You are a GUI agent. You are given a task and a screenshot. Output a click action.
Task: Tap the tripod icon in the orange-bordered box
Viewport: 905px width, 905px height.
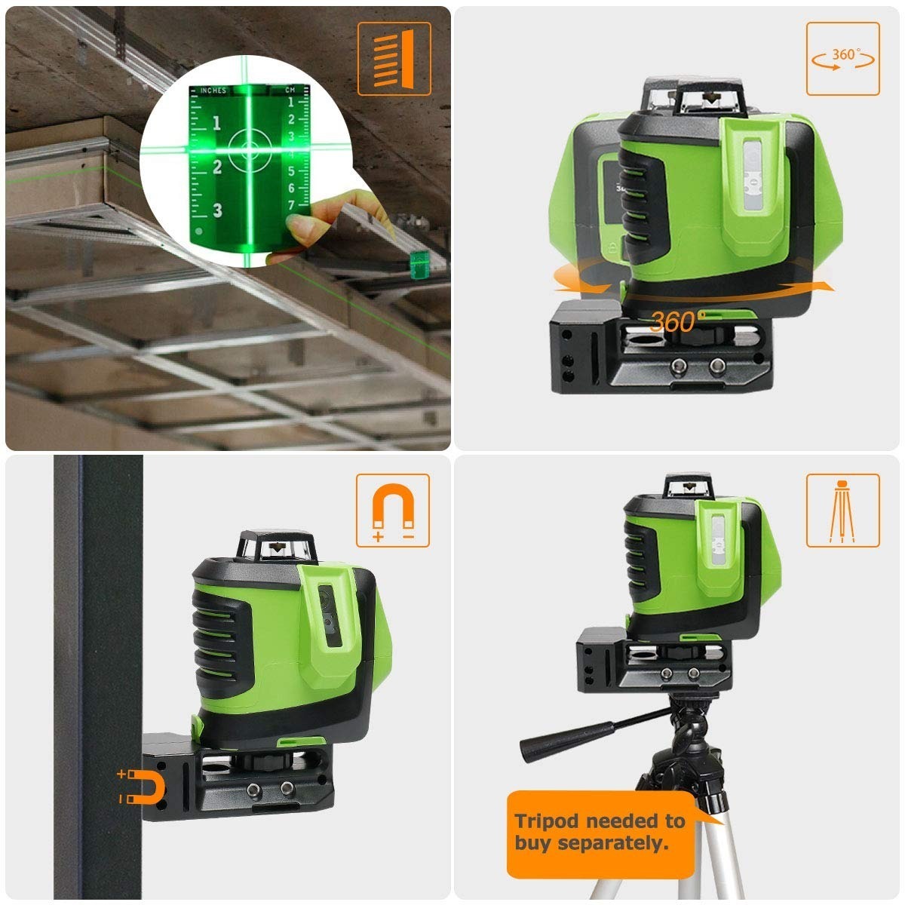[842, 511]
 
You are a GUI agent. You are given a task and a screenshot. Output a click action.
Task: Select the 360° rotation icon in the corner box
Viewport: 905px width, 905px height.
[843, 59]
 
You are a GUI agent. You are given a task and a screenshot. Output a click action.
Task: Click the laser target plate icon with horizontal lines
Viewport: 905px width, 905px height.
[394, 59]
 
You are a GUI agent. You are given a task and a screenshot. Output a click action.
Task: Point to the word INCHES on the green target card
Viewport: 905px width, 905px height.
[213, 90]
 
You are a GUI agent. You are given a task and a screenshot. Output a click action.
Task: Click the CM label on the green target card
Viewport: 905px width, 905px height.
[290, 90]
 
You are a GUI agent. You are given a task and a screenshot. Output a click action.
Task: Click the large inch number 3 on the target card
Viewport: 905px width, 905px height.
[217, 210]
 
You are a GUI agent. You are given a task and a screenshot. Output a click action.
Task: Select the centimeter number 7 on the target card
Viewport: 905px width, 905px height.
[292, 205]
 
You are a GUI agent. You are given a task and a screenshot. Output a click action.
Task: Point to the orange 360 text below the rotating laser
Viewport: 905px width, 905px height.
[673, 322]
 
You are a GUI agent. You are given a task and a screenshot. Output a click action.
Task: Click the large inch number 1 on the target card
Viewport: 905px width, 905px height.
[216, 123]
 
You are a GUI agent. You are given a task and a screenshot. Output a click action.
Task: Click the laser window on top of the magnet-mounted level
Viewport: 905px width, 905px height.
[276, 547]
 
